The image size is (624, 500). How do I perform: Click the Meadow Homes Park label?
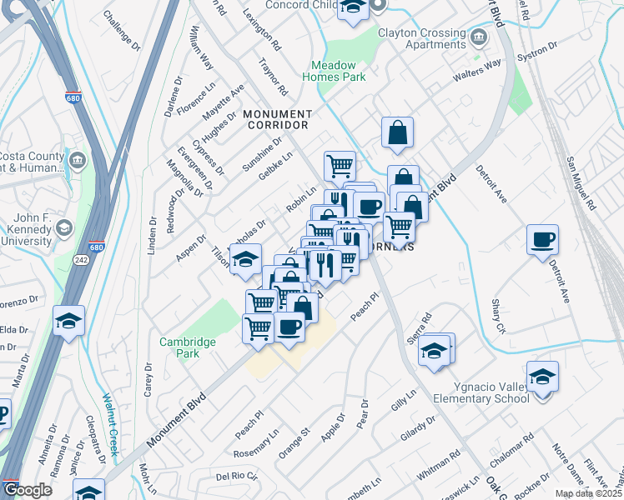[x=339, y=71]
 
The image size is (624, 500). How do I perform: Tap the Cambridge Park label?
[x=188, y=347]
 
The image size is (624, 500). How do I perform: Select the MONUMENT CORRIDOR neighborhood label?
[x=277, y=119]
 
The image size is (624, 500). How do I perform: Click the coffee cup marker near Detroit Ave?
[x=542, y=241]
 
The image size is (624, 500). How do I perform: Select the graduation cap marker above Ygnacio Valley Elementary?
[x=542, y=377]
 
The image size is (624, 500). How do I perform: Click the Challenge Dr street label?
[x=121, y=27]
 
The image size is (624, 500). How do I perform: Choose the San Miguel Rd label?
[x=581, y=182]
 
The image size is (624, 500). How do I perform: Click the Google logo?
[x=28, y=490]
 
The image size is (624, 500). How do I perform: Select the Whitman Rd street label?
[x=438, y=464]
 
